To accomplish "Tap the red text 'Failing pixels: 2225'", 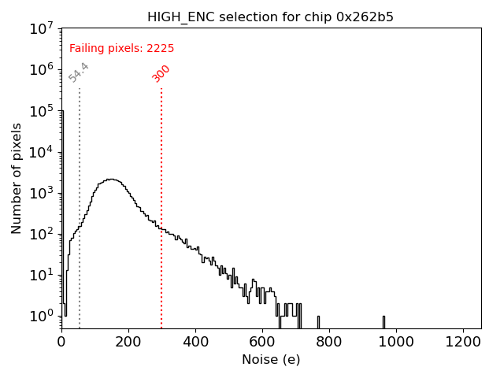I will pyautogui.click(x=122, y=49).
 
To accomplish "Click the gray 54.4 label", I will pyautogui.click(x=79, y=72).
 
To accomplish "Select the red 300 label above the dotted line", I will pyautogui.click(x=161, y=73).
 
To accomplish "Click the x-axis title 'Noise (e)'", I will pyautogui.click(x=271, y=360).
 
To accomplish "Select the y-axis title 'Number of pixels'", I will pyautogui.click(x=17, y=178).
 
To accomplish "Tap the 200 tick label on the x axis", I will pyautogui.click(x=128, y=342).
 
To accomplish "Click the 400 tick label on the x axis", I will pyautogui.click(x=195, y=342).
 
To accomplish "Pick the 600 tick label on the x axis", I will pyautogui.click(x=262, y=342).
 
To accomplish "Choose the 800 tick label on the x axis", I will pyautogui.click(x=329, y=342).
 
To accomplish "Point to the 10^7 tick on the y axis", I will pyautogui.click(x=41, y=29).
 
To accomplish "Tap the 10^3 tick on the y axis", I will pyautogui.click(x=41, y=193).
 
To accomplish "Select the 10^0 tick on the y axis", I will pyautogui.click(x=41, y=316).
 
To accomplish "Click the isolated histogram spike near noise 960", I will pyautogui.click(x=384, y=321).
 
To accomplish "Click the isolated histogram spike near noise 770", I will pyautogui.click(x=318, y=321).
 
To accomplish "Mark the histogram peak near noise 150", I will pyautogui.click(x=111, y=180).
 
